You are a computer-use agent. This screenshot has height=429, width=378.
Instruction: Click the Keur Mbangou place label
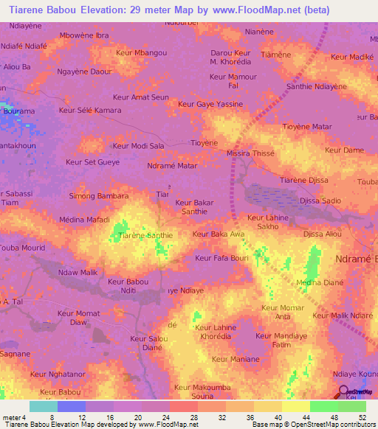(x=142, y=53)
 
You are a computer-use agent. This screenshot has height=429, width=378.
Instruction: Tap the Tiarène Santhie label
(x=145, y=235)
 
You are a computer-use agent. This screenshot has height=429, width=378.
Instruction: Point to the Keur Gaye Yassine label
(x=210, y=104)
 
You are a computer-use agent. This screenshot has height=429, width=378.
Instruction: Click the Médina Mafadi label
(x=83, y=220)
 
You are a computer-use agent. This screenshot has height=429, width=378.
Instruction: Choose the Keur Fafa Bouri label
(x=221, y=258)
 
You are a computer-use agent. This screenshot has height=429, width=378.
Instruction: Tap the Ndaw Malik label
(x=78, y=273)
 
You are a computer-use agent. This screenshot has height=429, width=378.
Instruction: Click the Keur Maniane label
(x=236, y=359)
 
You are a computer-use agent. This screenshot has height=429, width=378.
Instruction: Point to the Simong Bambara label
(x=99, y=196)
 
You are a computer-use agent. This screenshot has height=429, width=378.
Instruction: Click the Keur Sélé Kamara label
(x=89, y=110)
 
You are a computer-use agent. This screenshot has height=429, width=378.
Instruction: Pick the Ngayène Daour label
(x=84, y=71)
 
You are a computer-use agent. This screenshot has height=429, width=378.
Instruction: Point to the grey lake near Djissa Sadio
(x=273, y=196)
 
